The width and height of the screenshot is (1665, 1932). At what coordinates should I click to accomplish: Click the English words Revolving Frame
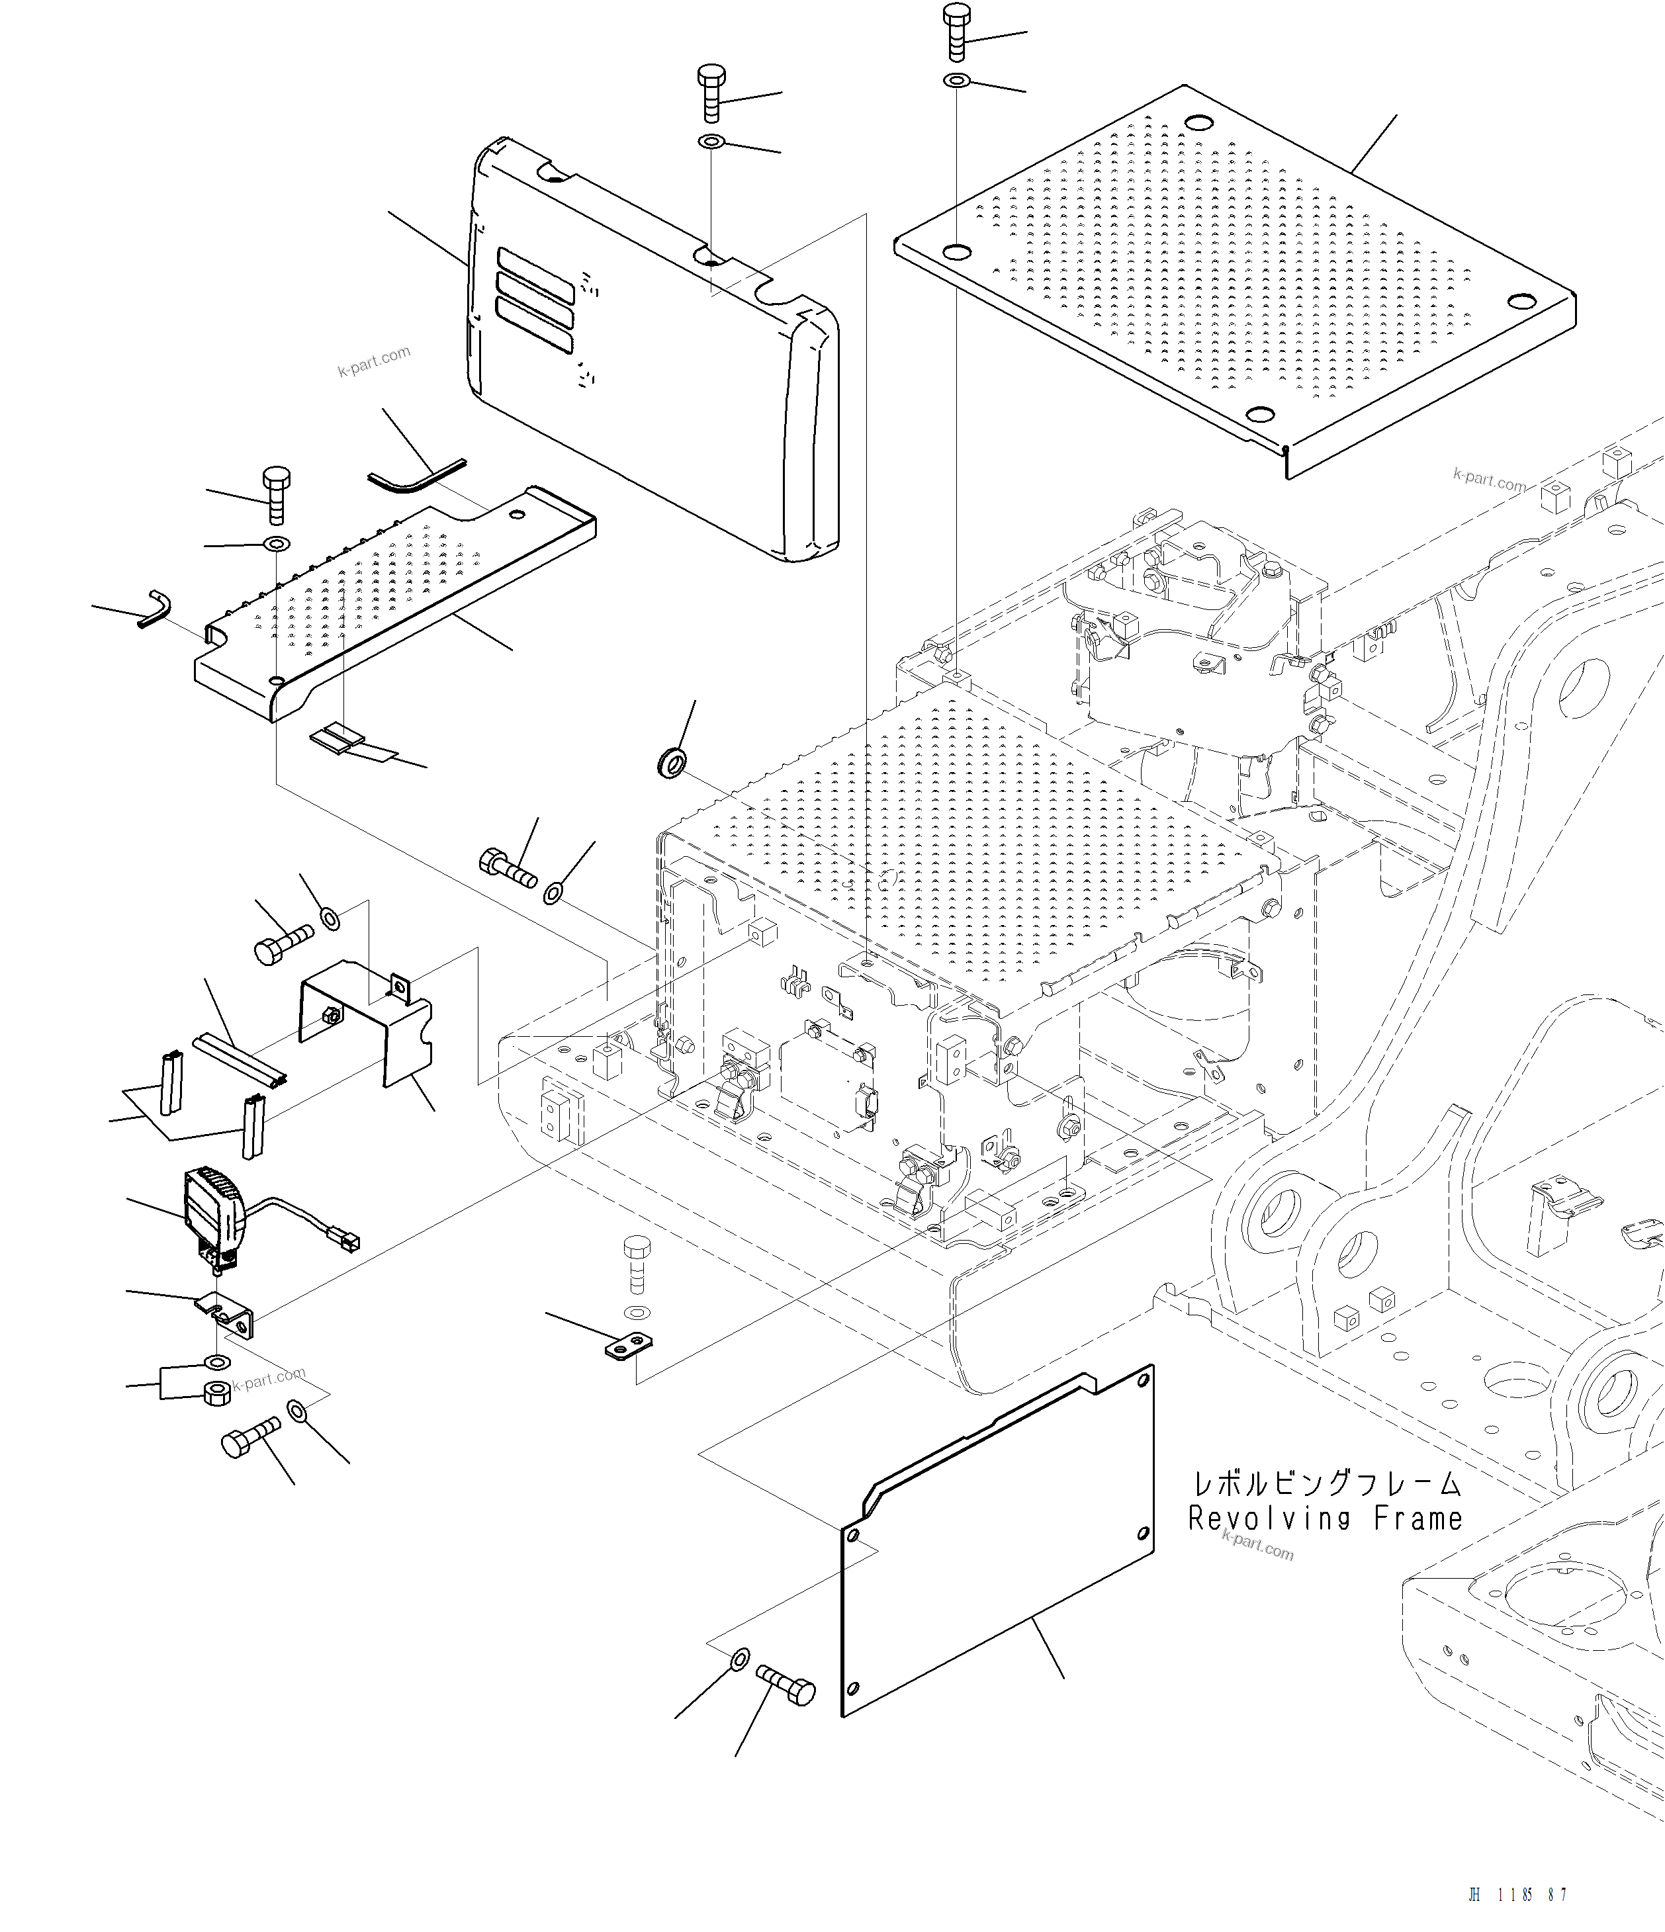(x=1325, y=1519)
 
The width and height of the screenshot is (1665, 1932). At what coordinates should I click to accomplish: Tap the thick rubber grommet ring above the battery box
(x=672, y=764)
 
